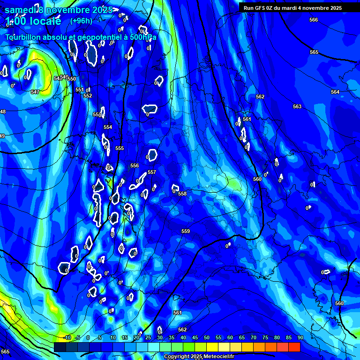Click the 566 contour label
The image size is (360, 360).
[314, 20]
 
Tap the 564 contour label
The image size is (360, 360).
[335, 92]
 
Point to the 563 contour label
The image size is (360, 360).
[297, 106]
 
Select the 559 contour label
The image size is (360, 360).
[186, 231]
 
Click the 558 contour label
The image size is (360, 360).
[182, 194]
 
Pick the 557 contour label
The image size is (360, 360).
[151, 172]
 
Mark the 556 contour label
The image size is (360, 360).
[135, 165]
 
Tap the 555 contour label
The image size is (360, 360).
[120, 148]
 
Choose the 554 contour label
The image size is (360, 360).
[108, 127]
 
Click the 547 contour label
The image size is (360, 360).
[35, 92]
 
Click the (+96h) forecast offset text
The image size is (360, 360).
[81, 21]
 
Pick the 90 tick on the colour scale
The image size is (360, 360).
[300, 337]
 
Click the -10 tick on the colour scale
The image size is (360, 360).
[67, 337]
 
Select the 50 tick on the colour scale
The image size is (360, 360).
[206, 337]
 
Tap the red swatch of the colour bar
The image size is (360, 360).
[294, 347]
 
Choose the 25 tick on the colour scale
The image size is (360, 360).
[148, 337]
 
